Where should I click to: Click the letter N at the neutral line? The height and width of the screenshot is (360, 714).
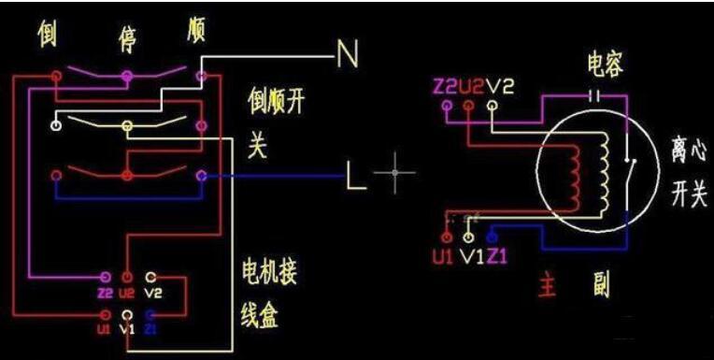point(348,57)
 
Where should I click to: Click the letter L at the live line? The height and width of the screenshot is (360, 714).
point(356,175)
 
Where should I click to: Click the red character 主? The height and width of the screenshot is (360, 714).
point(548,284)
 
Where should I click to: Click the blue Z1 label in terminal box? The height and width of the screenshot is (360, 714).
point(151,330)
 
